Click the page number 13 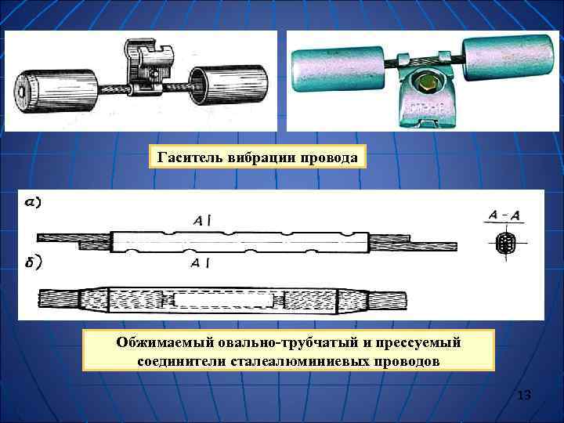pyautogui.click(x=524, y=396)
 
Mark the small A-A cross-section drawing pyautogui.click(x=504, y=244)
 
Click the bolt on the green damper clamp pyautogui.click(x=426, y=82)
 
